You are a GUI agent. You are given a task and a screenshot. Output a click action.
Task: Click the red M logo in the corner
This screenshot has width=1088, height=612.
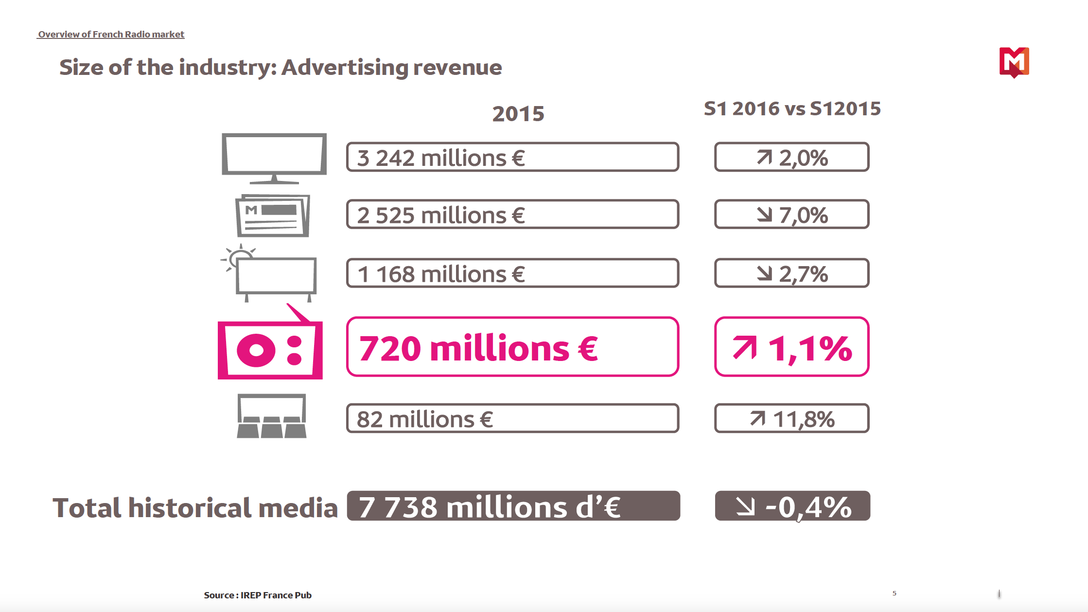pyautogui.click(x=1014, y=62)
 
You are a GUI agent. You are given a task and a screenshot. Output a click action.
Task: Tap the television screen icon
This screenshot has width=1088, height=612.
pyautogui.click(x=274, y=157)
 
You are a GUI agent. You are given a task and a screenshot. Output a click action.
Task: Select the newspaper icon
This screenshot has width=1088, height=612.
pyautogui.click(x=273, y=216)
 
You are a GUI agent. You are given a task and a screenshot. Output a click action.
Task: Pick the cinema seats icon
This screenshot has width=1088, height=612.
pyautogui.click(x=272, y=417)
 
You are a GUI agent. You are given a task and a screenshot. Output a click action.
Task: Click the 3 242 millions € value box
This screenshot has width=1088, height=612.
pyautogui.click(x=512, y=157)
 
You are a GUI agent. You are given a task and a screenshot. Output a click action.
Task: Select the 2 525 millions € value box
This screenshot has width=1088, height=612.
pyautogui.click(x=512, y=215)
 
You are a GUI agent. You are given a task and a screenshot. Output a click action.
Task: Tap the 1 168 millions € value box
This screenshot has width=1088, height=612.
pyautogui.click(x=512, y=273)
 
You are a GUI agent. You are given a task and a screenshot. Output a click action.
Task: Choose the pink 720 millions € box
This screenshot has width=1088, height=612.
pyautogui.click(x=512, y=347)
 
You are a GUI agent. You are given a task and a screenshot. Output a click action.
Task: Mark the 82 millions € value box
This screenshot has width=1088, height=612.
pyautogui.click(x=512, y=418)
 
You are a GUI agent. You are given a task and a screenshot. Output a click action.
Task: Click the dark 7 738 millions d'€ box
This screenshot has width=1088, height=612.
pyautogui.click(x=513, y=506)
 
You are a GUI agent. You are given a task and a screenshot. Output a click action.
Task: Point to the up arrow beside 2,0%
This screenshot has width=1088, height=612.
pyautogui.click(x=764, y=157)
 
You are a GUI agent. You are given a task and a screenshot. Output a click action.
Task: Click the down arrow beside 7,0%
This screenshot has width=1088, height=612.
pyautogui.click(x=764, y=215)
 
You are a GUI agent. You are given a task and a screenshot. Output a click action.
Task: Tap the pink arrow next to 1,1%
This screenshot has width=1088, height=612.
pyautogui.click(x=745, y=348)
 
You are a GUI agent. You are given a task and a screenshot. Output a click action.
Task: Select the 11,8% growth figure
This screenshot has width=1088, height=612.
pyautogui.click(x=804, y=419)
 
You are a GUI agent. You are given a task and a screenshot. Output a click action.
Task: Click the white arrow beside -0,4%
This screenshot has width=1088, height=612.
pyautogui.click(x=745, y=506)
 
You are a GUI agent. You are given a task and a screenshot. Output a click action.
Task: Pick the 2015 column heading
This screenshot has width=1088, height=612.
pyautogui.click(x=518, y=114)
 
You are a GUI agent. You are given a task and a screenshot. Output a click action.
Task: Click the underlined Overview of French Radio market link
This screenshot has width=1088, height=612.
pyautogui.click(x=111, y=35)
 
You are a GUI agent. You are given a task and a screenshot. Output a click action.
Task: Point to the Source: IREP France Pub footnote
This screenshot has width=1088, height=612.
pyautogui.click(x=258, y=595)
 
